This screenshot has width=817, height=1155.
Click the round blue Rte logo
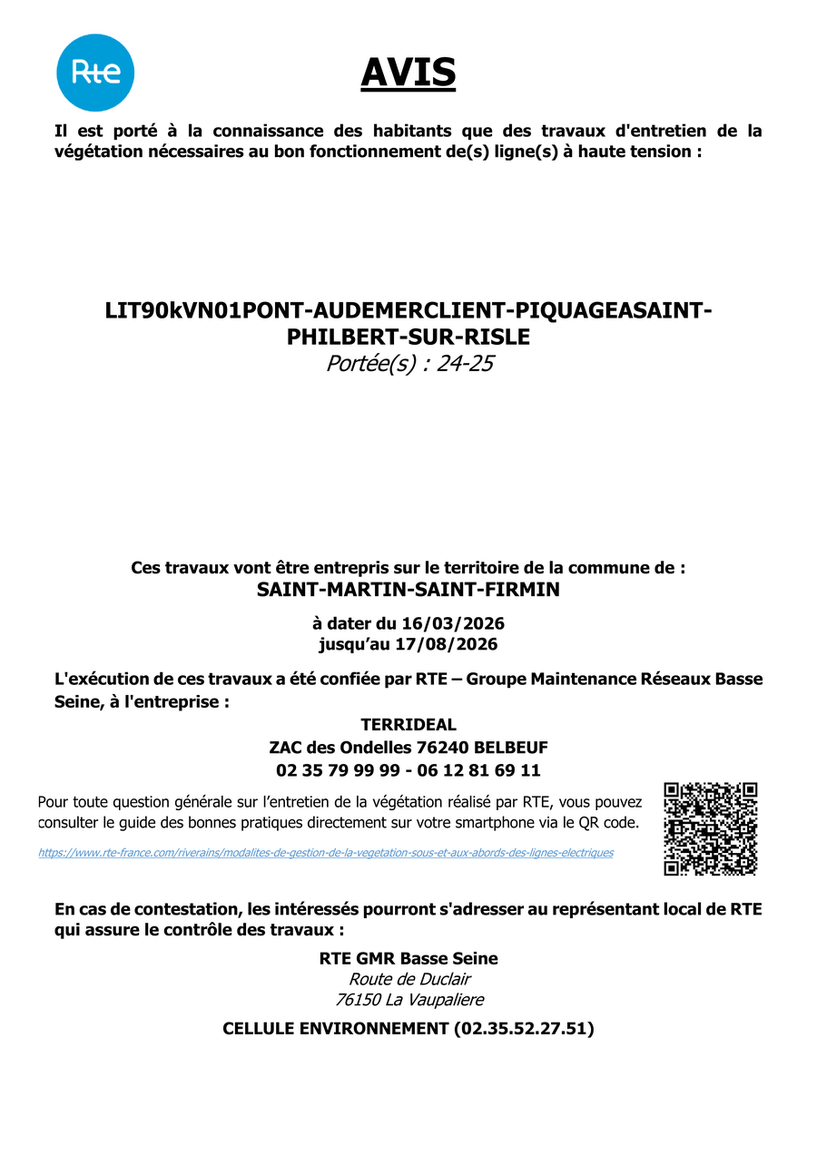95,73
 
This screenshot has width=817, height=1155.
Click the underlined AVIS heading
408,73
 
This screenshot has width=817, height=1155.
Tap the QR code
711,828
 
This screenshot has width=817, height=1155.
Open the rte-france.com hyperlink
326,853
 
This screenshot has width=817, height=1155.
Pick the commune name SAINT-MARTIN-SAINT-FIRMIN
408,590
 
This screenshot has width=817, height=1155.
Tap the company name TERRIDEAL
408,725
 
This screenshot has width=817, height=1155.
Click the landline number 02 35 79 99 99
338,770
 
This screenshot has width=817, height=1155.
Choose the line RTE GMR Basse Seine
408,958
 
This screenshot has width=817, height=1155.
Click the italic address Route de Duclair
409,979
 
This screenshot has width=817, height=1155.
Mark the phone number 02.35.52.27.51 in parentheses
522,1029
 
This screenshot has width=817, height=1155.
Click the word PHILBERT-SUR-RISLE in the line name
408,337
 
